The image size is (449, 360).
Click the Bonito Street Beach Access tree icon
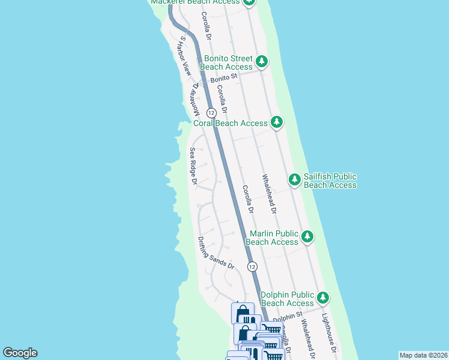[x=262, y=61]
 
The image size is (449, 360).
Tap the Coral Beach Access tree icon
[x=276, y=122]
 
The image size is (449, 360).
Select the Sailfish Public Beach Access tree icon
[x=295, y=179]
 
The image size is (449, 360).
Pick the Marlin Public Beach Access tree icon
[x=307, y=236]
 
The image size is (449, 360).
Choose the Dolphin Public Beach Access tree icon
[x=323, y=298]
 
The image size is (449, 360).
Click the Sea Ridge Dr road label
[x=193, y=166]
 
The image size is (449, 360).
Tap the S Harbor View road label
[x=185, y=56]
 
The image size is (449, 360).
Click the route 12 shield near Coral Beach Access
[x=211, y=113]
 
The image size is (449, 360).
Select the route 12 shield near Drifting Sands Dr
[x=252, y=266]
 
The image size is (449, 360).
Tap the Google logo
[x=20, y=353]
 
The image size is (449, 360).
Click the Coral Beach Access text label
[x=231, y=123]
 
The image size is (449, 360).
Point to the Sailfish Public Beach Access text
[x=330, y=181]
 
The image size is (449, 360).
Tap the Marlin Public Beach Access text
[x=272, y=238]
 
